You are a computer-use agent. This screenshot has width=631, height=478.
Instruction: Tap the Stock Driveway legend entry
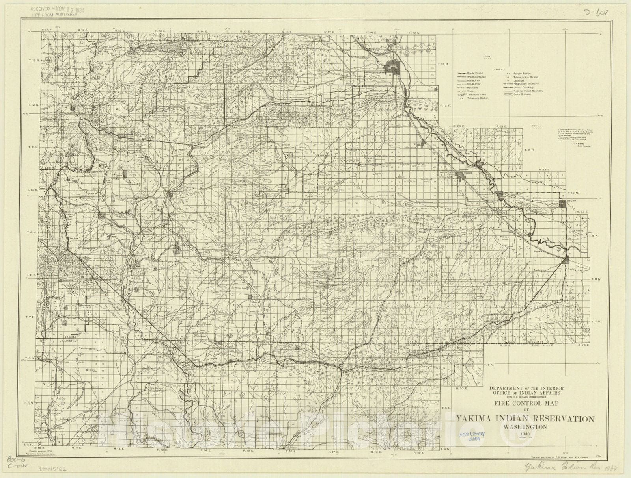(522, 94)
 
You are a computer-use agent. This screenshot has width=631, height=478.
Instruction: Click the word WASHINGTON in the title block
(525, 426)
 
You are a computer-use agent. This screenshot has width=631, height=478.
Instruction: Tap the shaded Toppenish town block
(460, 175)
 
